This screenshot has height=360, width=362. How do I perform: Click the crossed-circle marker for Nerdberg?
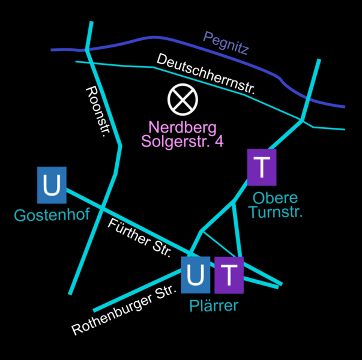182,100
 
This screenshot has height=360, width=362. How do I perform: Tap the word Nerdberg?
182,128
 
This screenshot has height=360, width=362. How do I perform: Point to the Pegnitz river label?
226,43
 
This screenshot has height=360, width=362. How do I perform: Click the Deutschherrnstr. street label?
206,74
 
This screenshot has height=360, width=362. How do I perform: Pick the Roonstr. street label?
96,111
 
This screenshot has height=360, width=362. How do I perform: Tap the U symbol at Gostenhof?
52,185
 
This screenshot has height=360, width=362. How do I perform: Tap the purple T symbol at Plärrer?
229,274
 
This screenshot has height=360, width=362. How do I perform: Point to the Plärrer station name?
214,306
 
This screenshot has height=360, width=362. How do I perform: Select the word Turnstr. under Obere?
276,212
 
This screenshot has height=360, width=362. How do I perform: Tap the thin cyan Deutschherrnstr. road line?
120,64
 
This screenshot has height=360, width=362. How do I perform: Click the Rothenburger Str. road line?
138,293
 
